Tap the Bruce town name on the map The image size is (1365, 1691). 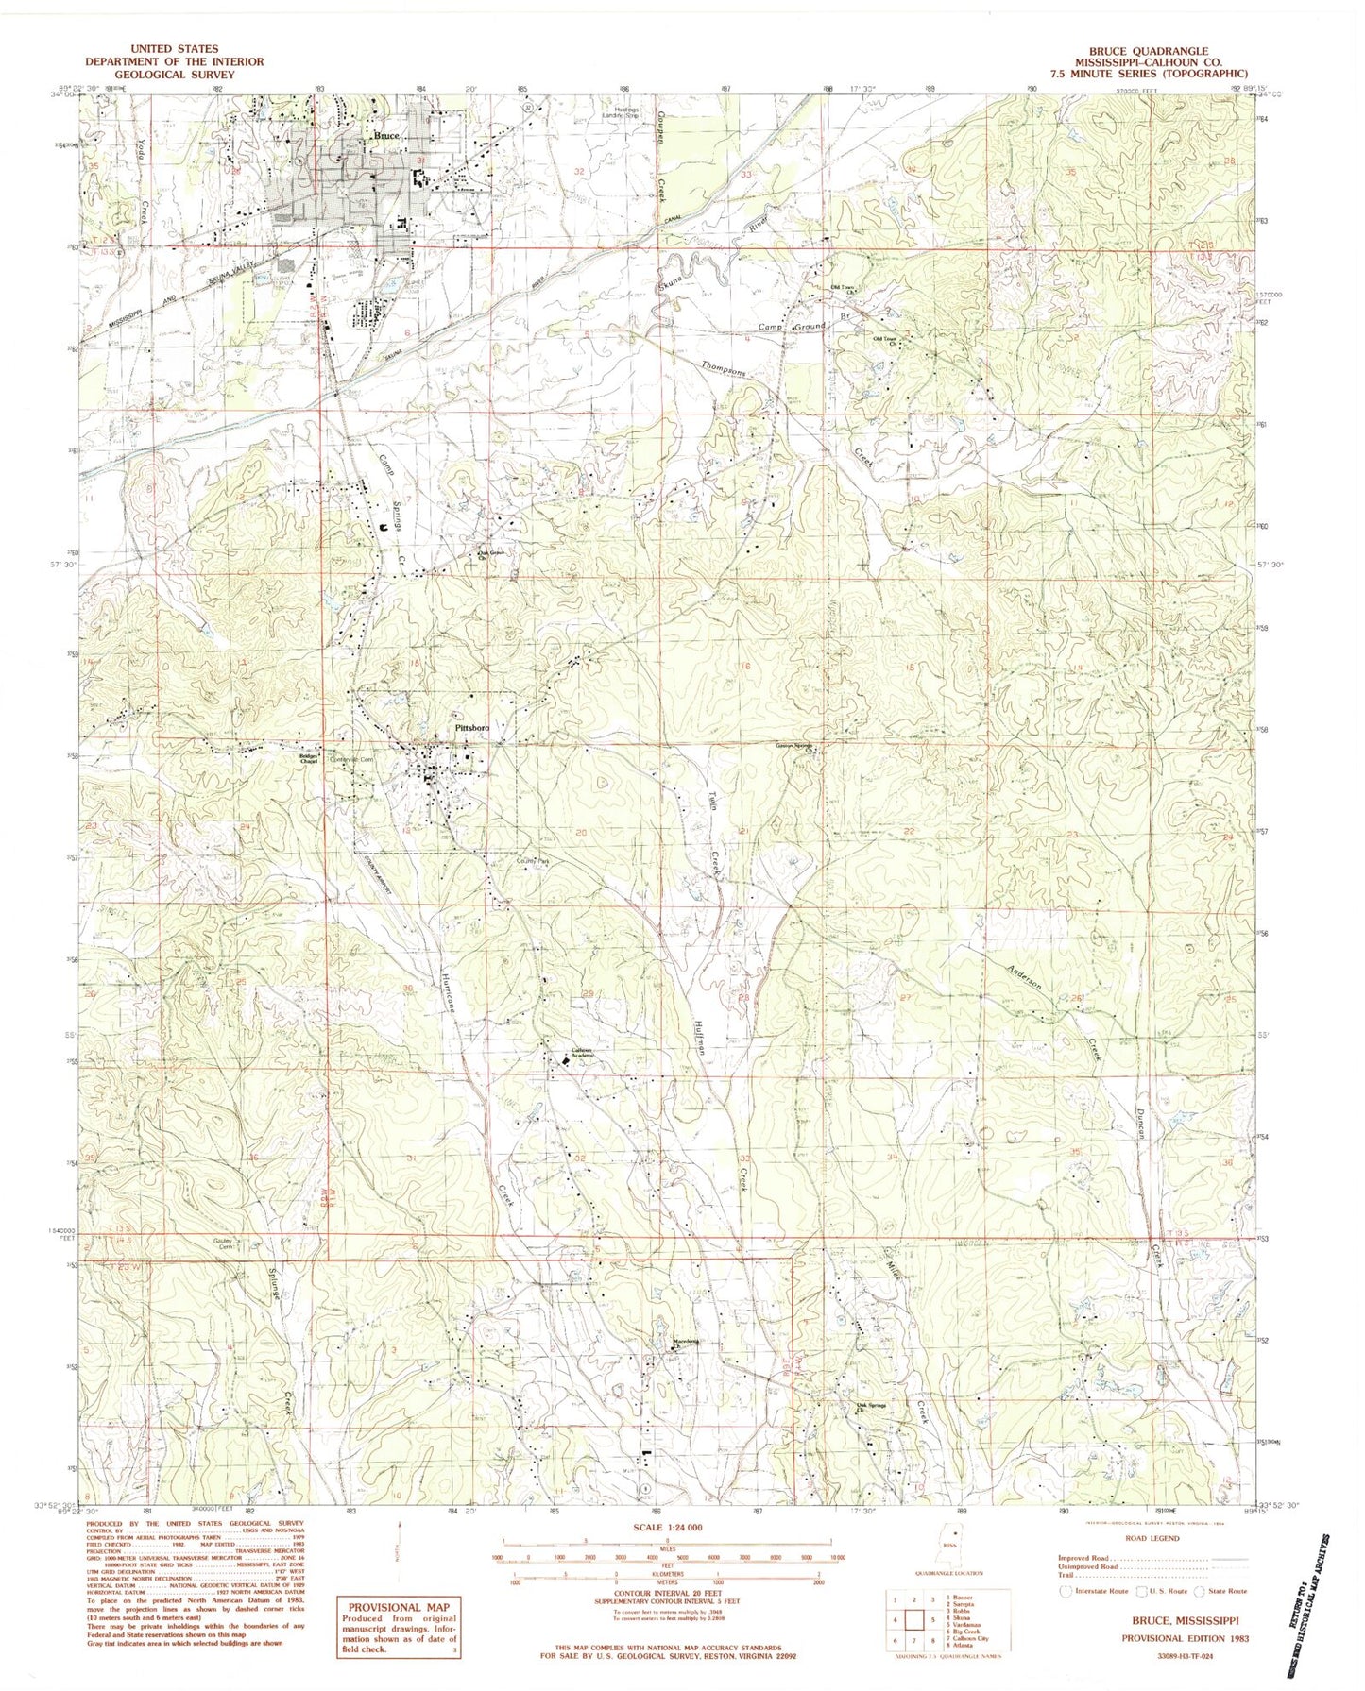click(x=386, y=136)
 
